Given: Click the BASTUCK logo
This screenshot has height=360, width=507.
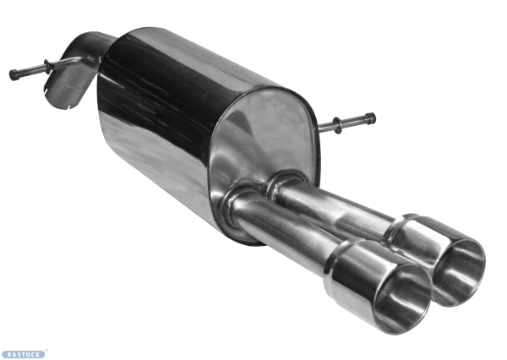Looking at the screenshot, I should click(24, 354).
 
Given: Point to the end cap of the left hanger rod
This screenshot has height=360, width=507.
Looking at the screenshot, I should click(14, 74).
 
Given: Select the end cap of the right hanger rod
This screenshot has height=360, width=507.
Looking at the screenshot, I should click(370, 118).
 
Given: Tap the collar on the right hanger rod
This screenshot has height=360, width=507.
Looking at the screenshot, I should click(338, 126).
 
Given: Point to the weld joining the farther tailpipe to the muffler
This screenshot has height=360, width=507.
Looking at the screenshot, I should click(283, 180).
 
